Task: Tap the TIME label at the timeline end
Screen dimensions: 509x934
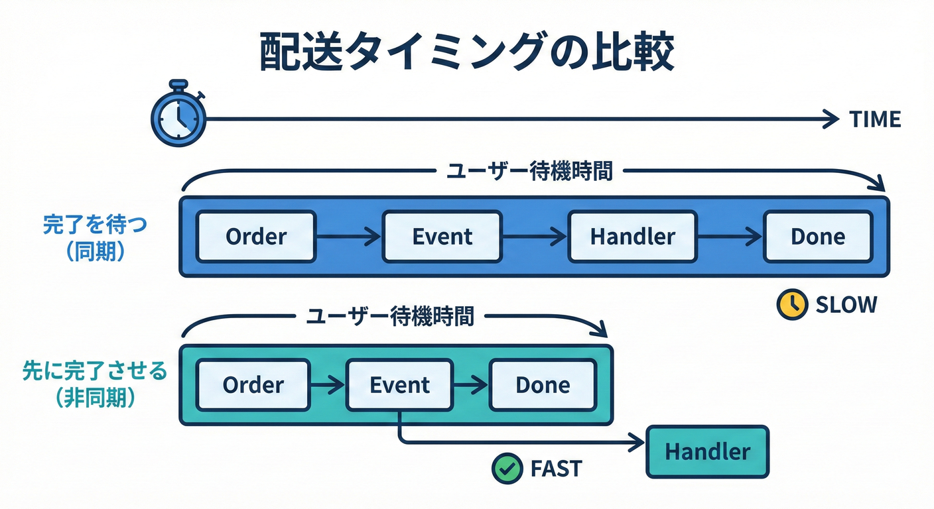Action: [875, 120]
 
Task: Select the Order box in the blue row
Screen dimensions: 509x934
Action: [256, 237]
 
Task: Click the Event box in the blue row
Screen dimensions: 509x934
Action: [442, 237]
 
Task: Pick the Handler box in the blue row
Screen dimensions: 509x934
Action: [632, 237]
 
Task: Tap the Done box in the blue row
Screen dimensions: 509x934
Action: [817, 237]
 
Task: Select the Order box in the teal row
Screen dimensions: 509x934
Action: [253, 385]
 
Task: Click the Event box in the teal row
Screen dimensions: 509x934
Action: [399, 385]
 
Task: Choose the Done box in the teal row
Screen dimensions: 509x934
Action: [542, 385]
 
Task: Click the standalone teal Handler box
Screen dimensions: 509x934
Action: [707, 452]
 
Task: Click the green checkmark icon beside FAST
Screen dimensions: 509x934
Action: [507, 469]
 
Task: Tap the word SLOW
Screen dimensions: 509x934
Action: [846, 305]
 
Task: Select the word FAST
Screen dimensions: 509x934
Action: [555, 469]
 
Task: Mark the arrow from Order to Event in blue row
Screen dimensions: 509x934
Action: [348, 237]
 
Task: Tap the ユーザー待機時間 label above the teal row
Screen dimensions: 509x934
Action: [390, 316]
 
